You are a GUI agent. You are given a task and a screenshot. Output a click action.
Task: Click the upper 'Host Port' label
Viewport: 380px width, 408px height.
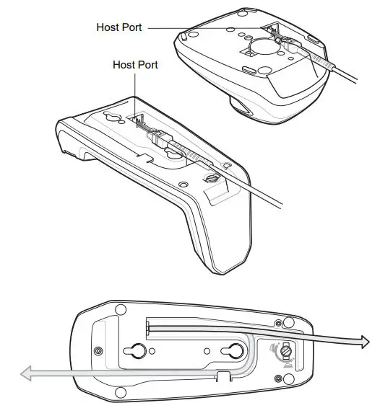(x=119, y=27)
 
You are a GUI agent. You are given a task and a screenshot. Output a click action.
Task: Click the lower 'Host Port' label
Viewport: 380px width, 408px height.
(x=135, y=65)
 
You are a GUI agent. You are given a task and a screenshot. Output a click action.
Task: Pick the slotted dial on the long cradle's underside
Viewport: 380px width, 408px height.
(x=212, y=177)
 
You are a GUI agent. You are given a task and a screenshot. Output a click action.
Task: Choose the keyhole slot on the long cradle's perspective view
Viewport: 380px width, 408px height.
(x=114, y=119)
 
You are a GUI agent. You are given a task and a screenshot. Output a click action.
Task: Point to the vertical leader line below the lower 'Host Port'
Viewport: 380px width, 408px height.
(x=135, y=90)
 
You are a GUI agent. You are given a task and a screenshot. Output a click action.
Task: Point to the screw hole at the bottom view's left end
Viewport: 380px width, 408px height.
(x=98, y=350)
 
